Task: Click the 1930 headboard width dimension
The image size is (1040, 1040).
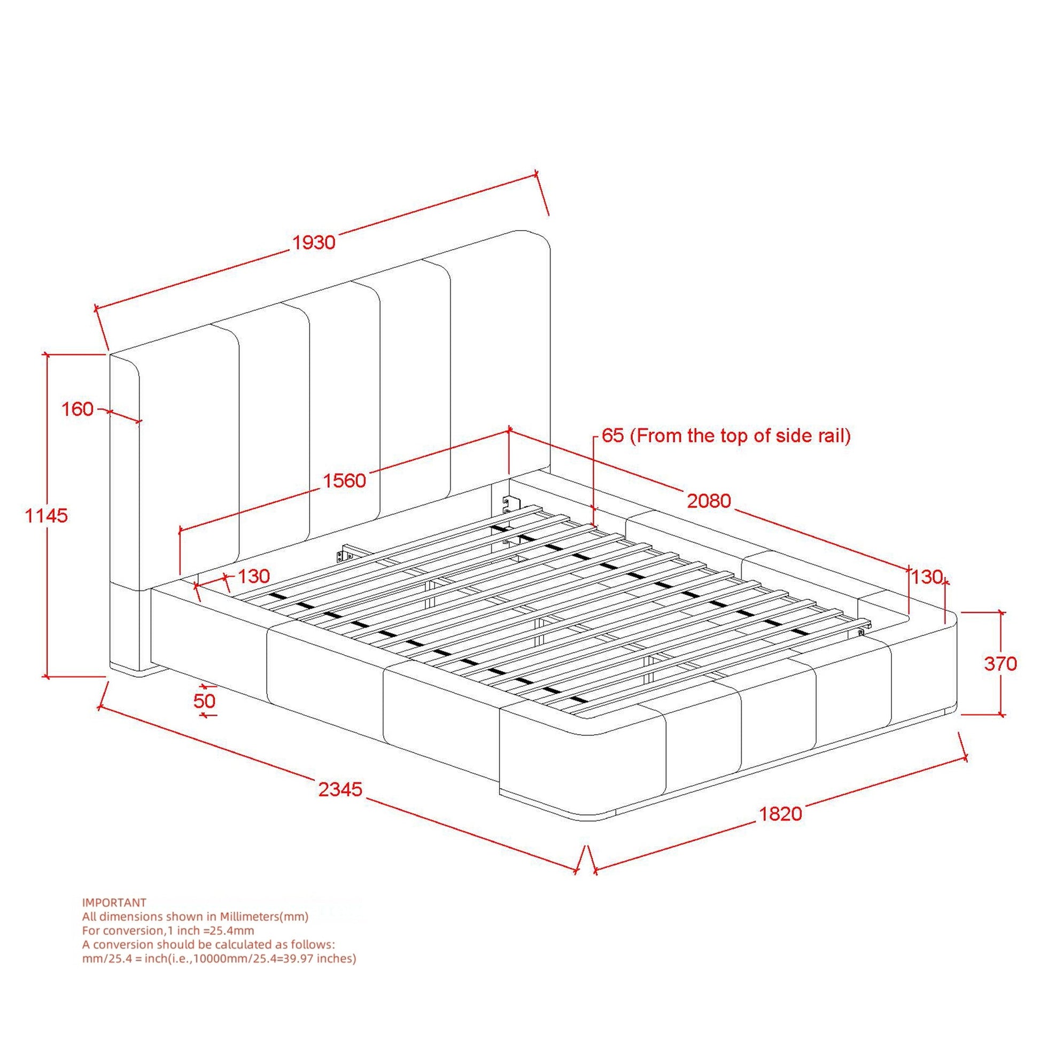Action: coord(314,242)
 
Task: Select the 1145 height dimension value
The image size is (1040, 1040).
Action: coord(47,516)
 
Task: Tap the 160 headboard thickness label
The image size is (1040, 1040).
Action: coord(77,409)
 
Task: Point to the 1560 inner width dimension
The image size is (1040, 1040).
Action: coord(344,480)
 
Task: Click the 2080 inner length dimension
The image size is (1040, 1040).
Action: coord(709,501)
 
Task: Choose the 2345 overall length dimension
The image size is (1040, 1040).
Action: coord(341,790)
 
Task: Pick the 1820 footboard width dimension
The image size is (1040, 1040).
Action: coord(781,813)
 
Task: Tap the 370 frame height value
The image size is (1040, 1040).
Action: coord(1000,664)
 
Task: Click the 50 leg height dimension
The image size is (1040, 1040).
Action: coord(205,701)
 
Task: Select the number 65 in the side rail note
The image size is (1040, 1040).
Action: coord(612,436)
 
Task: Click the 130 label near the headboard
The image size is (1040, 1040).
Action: coord(253,577)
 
